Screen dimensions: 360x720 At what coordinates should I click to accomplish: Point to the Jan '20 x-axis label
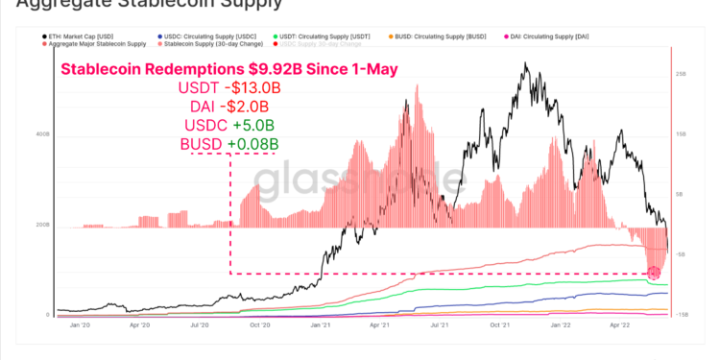tap(79, 324)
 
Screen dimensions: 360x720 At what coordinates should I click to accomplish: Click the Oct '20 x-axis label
tap(258, 324)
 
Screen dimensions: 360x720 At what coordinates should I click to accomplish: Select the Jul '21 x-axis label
tap(439, 324)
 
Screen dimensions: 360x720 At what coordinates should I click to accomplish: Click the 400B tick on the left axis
tap(43, 134)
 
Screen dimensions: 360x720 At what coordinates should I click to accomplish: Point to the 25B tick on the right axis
tap(680, 74)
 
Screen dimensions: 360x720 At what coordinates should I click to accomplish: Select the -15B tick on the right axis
tap(680, 315)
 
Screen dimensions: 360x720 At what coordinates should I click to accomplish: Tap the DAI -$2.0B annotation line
tap(229, 107)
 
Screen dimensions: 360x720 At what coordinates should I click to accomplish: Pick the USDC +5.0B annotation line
tap(229, 125)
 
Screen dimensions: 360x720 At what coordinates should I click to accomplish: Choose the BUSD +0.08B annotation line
tap(229, 144)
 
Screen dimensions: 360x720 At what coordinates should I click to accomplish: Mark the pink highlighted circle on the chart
tap(656, 274)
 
